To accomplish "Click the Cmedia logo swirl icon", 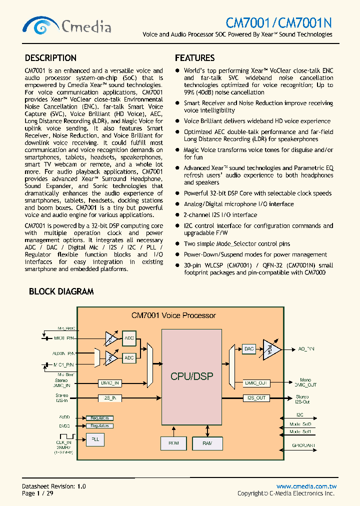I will [41, 25].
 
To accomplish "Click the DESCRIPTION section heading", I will [50, 58].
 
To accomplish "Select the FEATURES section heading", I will [194, 58].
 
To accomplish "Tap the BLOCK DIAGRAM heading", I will [61, 291].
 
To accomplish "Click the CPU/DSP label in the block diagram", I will [191, 376].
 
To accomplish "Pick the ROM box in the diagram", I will [173, 443].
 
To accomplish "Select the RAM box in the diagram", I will [207, 443].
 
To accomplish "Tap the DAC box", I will [248, 348].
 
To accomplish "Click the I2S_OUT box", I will [256, 398].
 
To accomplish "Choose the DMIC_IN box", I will [109, 383].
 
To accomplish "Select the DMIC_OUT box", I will [256, 383].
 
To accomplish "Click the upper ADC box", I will [129, 338].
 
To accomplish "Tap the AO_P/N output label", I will [306, 348].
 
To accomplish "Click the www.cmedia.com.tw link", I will [306, 486].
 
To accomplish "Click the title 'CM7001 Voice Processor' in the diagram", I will [173, 315].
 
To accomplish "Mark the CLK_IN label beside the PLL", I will [63, 442].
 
